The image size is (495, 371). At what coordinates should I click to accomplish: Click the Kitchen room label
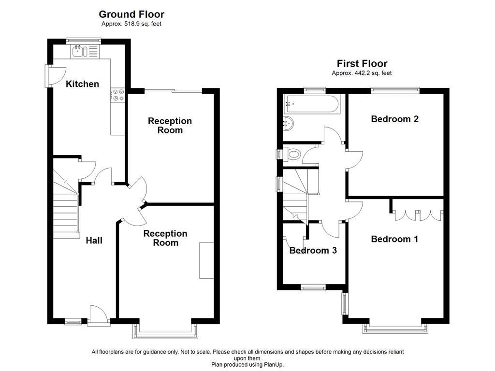[x=82, y=84]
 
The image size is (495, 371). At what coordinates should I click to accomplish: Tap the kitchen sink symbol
[x=78, y=51]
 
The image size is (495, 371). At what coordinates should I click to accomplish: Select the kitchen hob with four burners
[x=117, y=95]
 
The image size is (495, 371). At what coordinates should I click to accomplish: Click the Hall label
[x=94, y=240]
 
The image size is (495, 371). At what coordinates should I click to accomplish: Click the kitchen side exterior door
[x=52, y=76]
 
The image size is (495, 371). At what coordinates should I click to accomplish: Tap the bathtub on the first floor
[x=313, y=102]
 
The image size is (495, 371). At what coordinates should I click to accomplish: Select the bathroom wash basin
[x=288, y=124]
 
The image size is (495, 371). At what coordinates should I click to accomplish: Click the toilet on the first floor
[x=292, y=154]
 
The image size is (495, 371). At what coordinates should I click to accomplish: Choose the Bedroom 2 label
[x=394, y=119]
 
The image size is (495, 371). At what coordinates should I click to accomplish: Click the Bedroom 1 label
[x=394, y=239]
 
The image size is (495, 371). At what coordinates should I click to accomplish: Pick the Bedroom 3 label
[x=313, y=250]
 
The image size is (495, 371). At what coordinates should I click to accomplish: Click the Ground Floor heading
[x=131, y=14]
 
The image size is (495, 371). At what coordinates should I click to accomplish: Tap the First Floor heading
[x=362, y=63]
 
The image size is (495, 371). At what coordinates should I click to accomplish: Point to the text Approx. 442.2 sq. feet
[x=362, y=73]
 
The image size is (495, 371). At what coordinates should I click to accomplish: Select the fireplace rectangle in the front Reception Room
[x=206, y=260]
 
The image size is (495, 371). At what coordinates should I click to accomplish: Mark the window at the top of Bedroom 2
[x=395, y=89]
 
